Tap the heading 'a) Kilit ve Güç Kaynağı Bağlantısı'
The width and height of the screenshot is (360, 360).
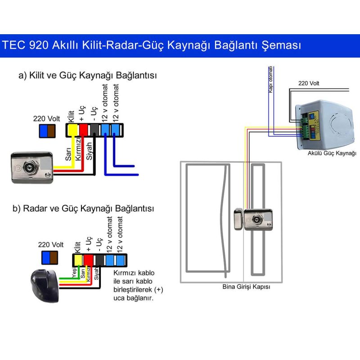tap(88, 75)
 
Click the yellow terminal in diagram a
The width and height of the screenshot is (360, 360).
tap(72, 130)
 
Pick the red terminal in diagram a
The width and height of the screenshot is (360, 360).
tap(83, 130)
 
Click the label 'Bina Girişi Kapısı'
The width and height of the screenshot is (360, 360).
tap(247, 287)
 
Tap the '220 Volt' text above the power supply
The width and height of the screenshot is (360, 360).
tap(309, 83)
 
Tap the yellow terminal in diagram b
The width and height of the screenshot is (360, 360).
tap(78, 260)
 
